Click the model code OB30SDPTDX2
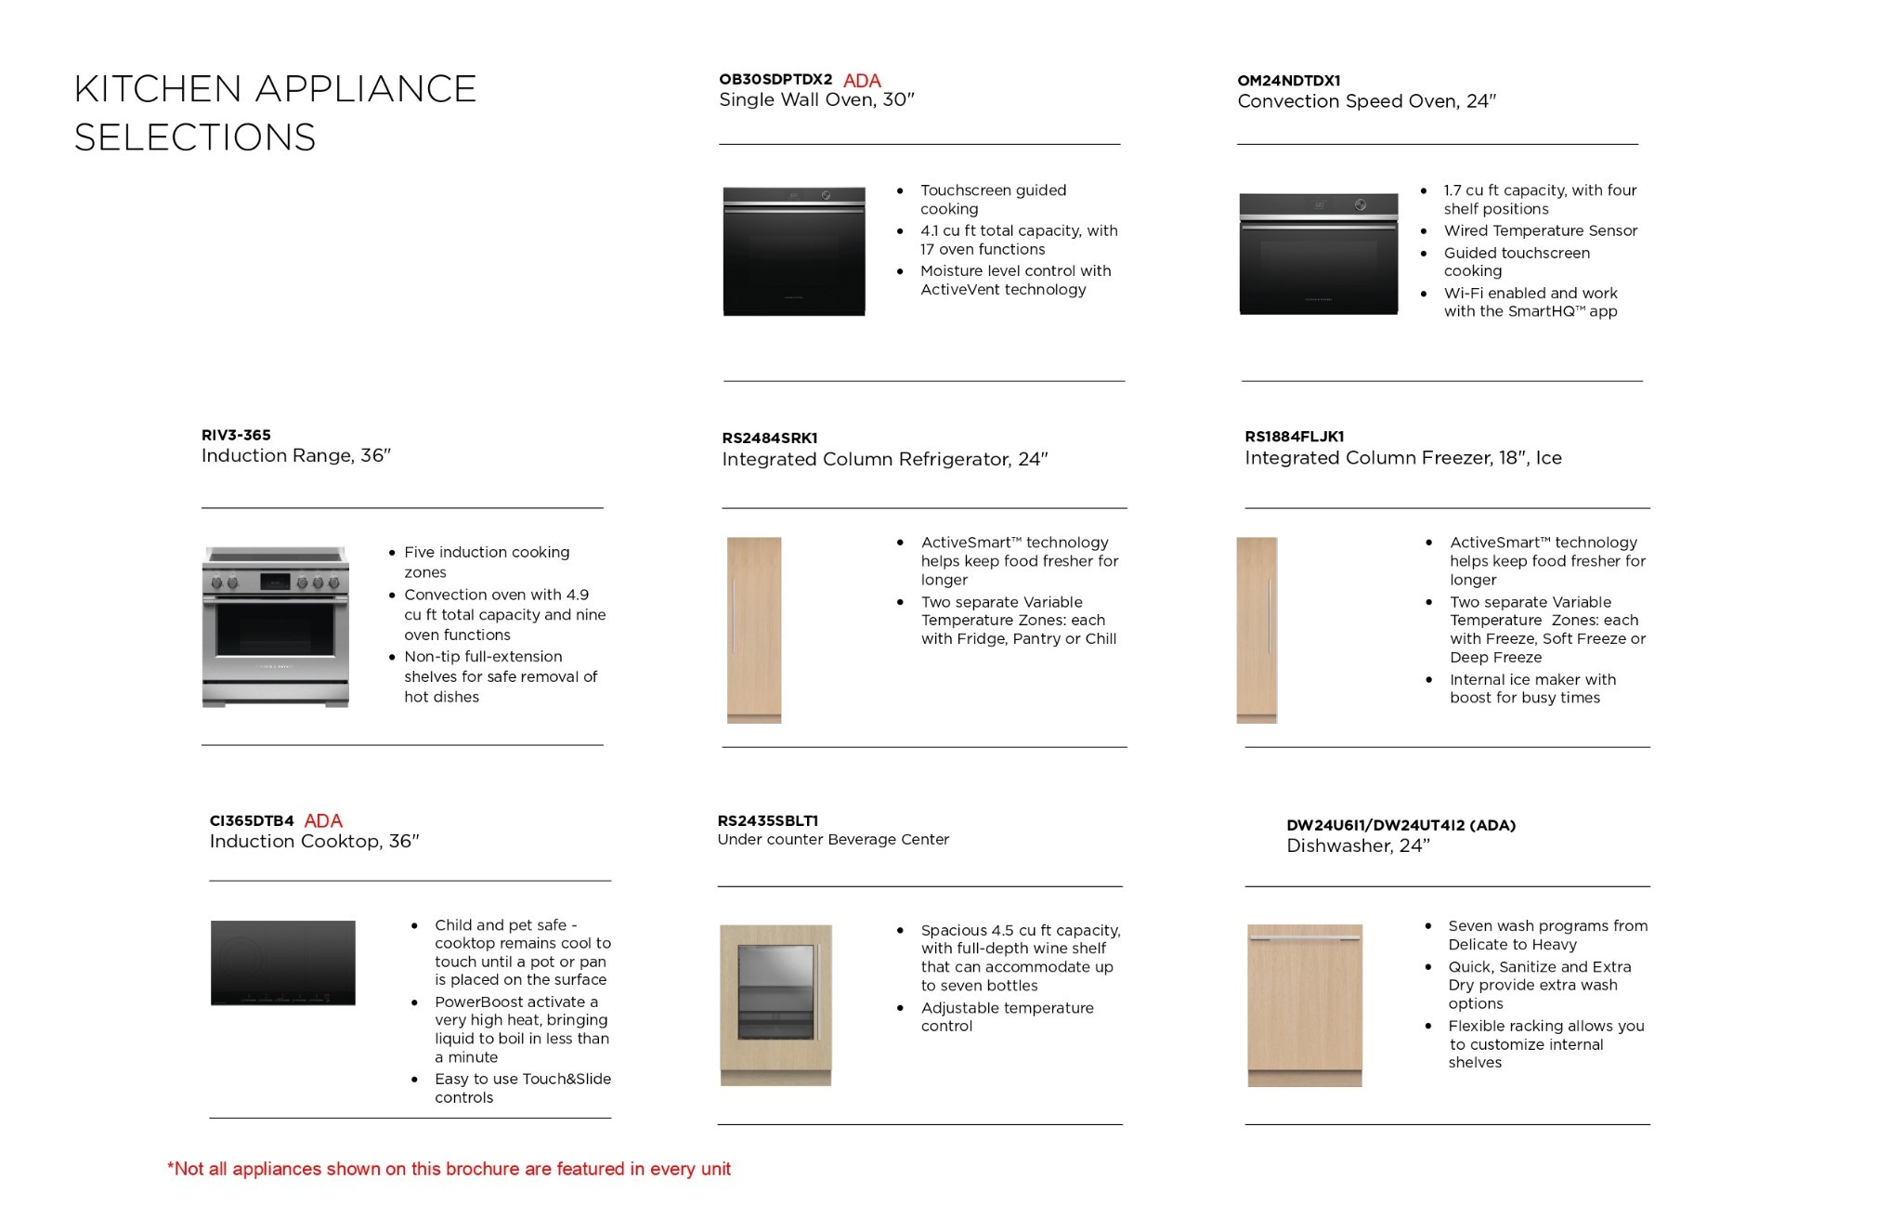pos(775,80)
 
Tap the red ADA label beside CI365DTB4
pos(323,821)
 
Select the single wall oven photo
pos(794,252)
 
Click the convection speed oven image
pos(1318,254)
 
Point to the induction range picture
pos(276,627)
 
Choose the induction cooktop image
pos(283,963)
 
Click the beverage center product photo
pos(775,1005)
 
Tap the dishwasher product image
pos(1305,1005)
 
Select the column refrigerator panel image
pos(754,630)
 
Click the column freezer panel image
pos(1257,630)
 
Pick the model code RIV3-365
pos(236,435)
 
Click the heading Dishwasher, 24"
pos(1358,846)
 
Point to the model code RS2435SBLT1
pos(767,821)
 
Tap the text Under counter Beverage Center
pos(833,840)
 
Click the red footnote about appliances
pos(449,1169)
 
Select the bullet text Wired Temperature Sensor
pos(1540,231)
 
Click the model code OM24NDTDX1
pos(1288,81)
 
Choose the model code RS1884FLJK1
pos(1294,437)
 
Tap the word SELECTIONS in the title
pos(195,138)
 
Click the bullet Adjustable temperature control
pos(1007,1017)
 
